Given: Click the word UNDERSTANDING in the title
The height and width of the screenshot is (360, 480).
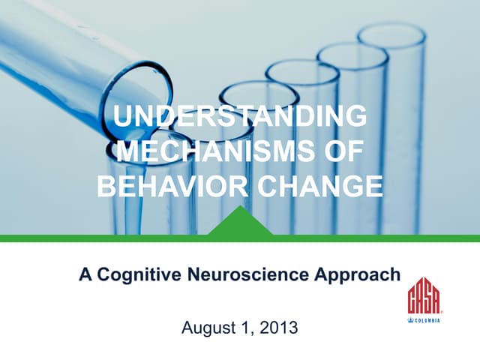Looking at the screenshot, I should (240, 118).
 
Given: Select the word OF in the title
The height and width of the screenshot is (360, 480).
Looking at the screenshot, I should (340, 151).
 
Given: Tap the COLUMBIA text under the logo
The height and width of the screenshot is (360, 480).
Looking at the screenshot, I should (427, 320).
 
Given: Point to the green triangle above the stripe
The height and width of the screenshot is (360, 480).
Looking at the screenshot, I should (240, 223).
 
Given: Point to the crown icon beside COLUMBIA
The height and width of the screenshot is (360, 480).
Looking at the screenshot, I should (411, 320).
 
